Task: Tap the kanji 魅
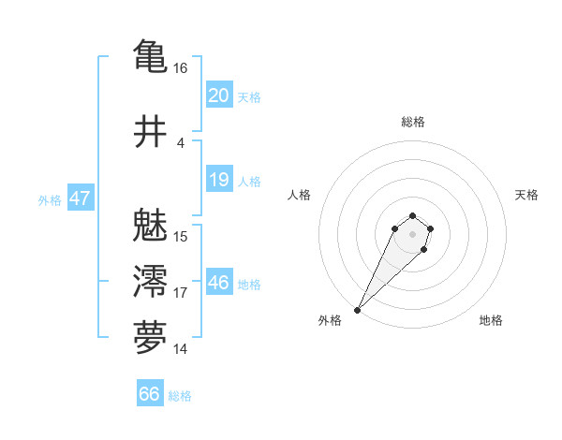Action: coord(150,226)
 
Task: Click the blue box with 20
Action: coord(218,95)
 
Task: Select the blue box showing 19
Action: coord(218,180)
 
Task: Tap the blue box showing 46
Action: coord(218,283)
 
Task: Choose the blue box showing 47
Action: coord(80,198)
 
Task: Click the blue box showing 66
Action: coord(150,394)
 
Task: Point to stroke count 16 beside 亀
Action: coord(181,68)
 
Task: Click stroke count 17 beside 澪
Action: coord(181,293)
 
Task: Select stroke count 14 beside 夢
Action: coord(181,349)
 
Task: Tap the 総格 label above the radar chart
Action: coord(413,123)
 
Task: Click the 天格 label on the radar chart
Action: coord(526,195)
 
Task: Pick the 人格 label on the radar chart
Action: coord(300,195)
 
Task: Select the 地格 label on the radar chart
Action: coord(491,320)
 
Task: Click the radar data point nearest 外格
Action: coord(358,309)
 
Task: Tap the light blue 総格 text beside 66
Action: coord(180,396)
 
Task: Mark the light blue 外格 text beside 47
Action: coord(50,200)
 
